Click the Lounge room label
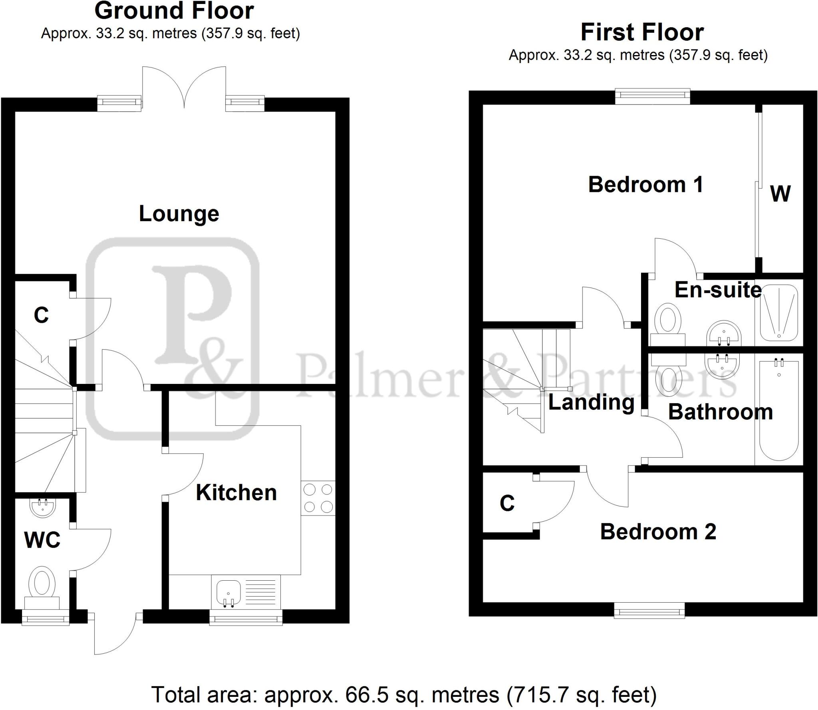(x=179, y=214)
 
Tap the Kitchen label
(x=236, y=492)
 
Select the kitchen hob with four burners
(x=318, y=498)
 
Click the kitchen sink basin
(x=228, y=592)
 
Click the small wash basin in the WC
(x=42, y=506)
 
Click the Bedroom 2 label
(x=658, y=532)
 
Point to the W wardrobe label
(x=780, y=194)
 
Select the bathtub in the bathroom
(x=778, y=409)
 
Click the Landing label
(x=591, y=402)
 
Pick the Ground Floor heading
(x=174, y=11)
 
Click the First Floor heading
(x=642, y=32)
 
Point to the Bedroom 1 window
(x=653, y=97)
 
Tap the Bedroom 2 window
(x=649, y=610)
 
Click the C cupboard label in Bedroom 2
(x=507, y=503)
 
